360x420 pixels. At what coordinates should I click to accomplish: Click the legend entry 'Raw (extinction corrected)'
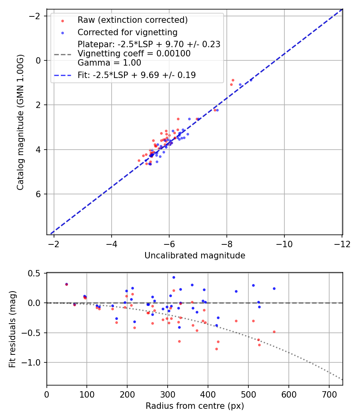(x=132, y=20)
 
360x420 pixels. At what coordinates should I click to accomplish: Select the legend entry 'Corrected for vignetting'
(x=127, y=32)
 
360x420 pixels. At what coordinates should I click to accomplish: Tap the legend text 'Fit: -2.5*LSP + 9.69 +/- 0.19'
(x=136, y=75)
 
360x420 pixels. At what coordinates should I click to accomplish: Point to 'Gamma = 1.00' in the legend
(x=109, y=62)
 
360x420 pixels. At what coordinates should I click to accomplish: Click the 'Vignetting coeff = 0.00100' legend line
(x=134, y=53)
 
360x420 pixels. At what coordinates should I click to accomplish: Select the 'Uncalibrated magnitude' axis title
(x=194, y=256)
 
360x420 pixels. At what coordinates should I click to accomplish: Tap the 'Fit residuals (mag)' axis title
(x=12, y=329)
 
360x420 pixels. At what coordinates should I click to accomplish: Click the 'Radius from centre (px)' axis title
(x=194, y=406)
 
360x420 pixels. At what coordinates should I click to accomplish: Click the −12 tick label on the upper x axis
(x=342, y=244)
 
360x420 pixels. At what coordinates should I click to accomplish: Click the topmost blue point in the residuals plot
(x=174, y=277)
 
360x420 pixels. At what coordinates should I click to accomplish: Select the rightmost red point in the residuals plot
(x=274, y=332)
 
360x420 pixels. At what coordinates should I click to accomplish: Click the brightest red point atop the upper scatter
(x=233, y=80)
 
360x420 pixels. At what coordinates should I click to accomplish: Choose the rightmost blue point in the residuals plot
(x=274, y=288)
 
